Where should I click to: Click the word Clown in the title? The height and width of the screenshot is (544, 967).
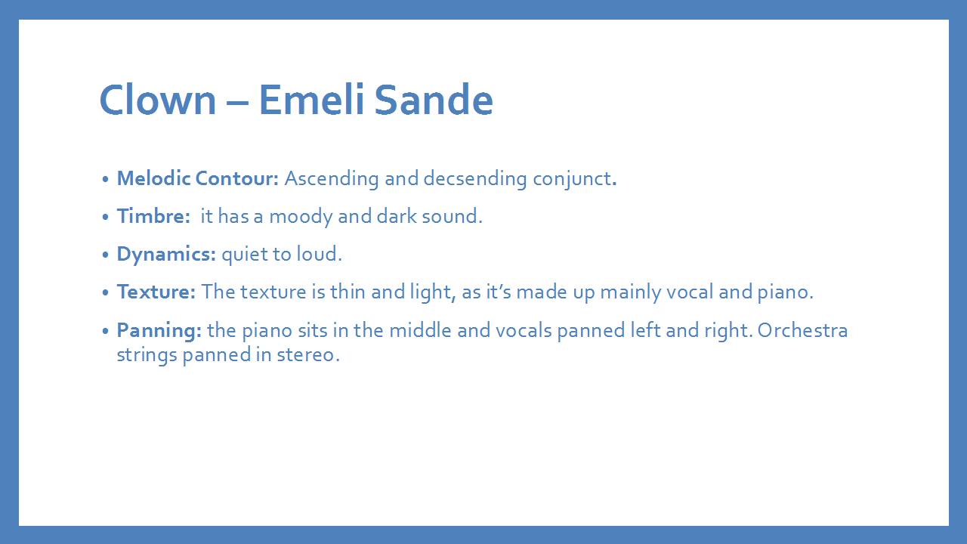point(158,100)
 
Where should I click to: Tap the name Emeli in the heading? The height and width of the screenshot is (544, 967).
point(311,100)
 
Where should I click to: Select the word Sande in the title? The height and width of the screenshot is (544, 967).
point(434,100)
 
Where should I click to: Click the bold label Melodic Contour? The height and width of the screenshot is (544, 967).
point(198,178)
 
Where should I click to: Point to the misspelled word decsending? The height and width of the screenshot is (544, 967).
point(475,179)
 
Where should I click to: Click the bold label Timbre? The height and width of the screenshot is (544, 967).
point(153,216)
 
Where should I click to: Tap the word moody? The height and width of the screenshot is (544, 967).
point(301,217)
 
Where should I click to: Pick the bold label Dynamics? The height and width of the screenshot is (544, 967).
point(166,255)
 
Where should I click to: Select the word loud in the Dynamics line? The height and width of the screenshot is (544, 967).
point(317,254)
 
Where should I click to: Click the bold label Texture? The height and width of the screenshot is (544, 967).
point(156,292)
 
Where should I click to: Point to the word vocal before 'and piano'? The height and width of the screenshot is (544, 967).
point(690,292)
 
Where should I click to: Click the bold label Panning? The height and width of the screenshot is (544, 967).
point(159,331)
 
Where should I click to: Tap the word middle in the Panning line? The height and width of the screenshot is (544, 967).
point(421,330)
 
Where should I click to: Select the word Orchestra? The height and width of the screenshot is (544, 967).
point(802,330)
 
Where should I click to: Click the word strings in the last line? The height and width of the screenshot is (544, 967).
point(147,356)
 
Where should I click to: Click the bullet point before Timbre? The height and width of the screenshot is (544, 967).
point(105,216)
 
